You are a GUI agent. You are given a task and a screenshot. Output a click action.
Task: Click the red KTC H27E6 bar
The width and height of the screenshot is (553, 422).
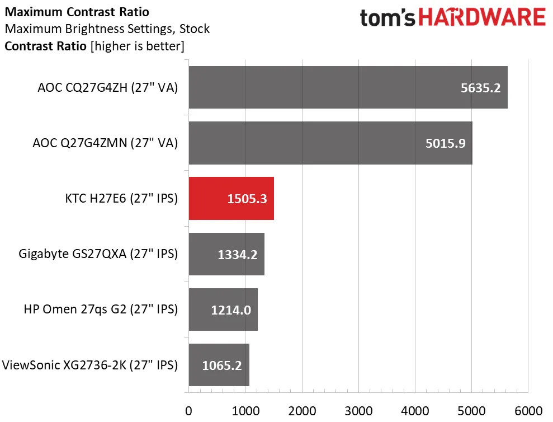[x=231, y=199]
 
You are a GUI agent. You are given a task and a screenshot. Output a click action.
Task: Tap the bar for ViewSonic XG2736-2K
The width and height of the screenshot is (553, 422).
[x=219, y=365]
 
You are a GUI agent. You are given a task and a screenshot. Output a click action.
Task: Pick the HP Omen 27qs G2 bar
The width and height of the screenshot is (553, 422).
[x=223, y=310]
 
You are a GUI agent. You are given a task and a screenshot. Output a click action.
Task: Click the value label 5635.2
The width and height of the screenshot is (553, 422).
[x=480, y=88]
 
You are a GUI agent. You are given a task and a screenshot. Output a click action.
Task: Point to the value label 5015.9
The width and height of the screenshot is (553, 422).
[x=445, y=144]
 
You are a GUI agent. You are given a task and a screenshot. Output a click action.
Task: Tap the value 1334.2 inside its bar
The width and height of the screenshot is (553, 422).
[x=238, y=255]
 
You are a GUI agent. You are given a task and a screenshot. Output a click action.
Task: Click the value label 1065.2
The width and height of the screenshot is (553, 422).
[x=222, y=366]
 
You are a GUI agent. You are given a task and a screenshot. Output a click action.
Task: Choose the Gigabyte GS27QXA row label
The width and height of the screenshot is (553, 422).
[x=98, y=254]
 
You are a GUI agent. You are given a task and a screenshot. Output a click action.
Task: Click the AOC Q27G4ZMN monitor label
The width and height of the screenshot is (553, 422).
[x=105, y=143]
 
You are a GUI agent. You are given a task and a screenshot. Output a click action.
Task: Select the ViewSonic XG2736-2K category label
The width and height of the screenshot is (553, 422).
[x=90, y=365]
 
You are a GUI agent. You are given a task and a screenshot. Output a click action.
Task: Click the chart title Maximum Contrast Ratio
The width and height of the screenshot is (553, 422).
[x=77, y=12]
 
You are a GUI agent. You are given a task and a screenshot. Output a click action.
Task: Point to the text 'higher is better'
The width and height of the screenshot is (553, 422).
[x=137, y=46]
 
